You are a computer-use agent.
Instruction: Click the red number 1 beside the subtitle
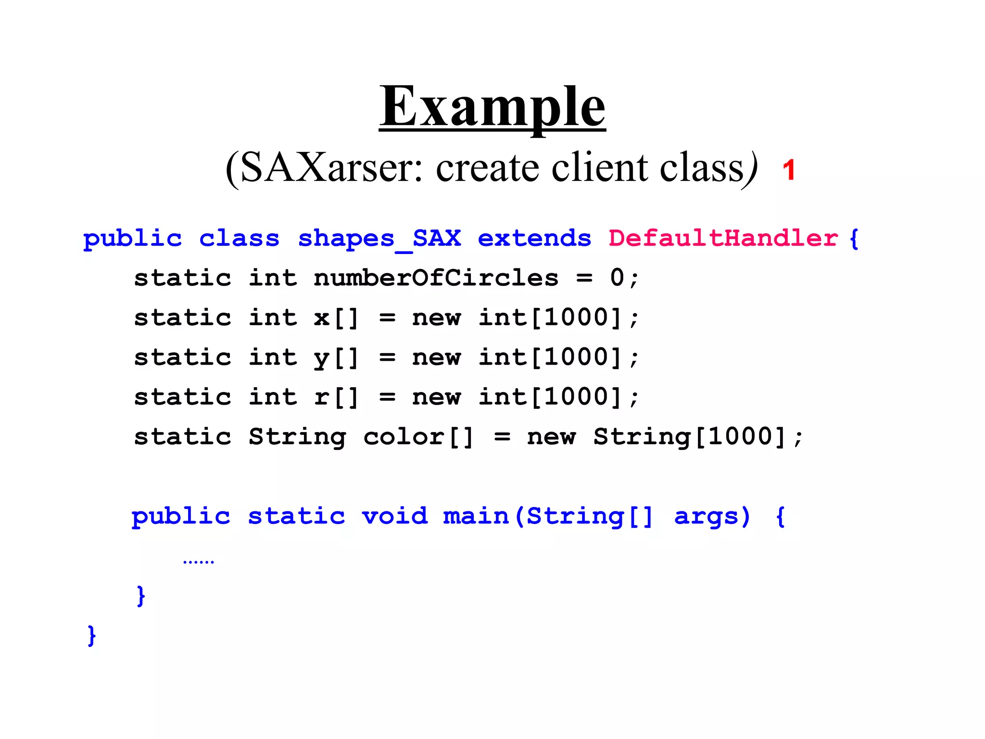click(788, 170)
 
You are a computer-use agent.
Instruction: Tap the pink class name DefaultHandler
click(723, 239)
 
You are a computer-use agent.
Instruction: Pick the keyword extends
click(534, 239)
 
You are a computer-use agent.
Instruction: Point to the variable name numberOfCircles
click(436, 278)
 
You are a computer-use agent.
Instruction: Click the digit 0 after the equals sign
click(617, 278)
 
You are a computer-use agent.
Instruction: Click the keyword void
click(394, 516)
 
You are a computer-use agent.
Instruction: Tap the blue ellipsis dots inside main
click(198, 561)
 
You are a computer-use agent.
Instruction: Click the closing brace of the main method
click(140, 596)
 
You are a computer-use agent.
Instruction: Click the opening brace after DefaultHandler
click(854, 239)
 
